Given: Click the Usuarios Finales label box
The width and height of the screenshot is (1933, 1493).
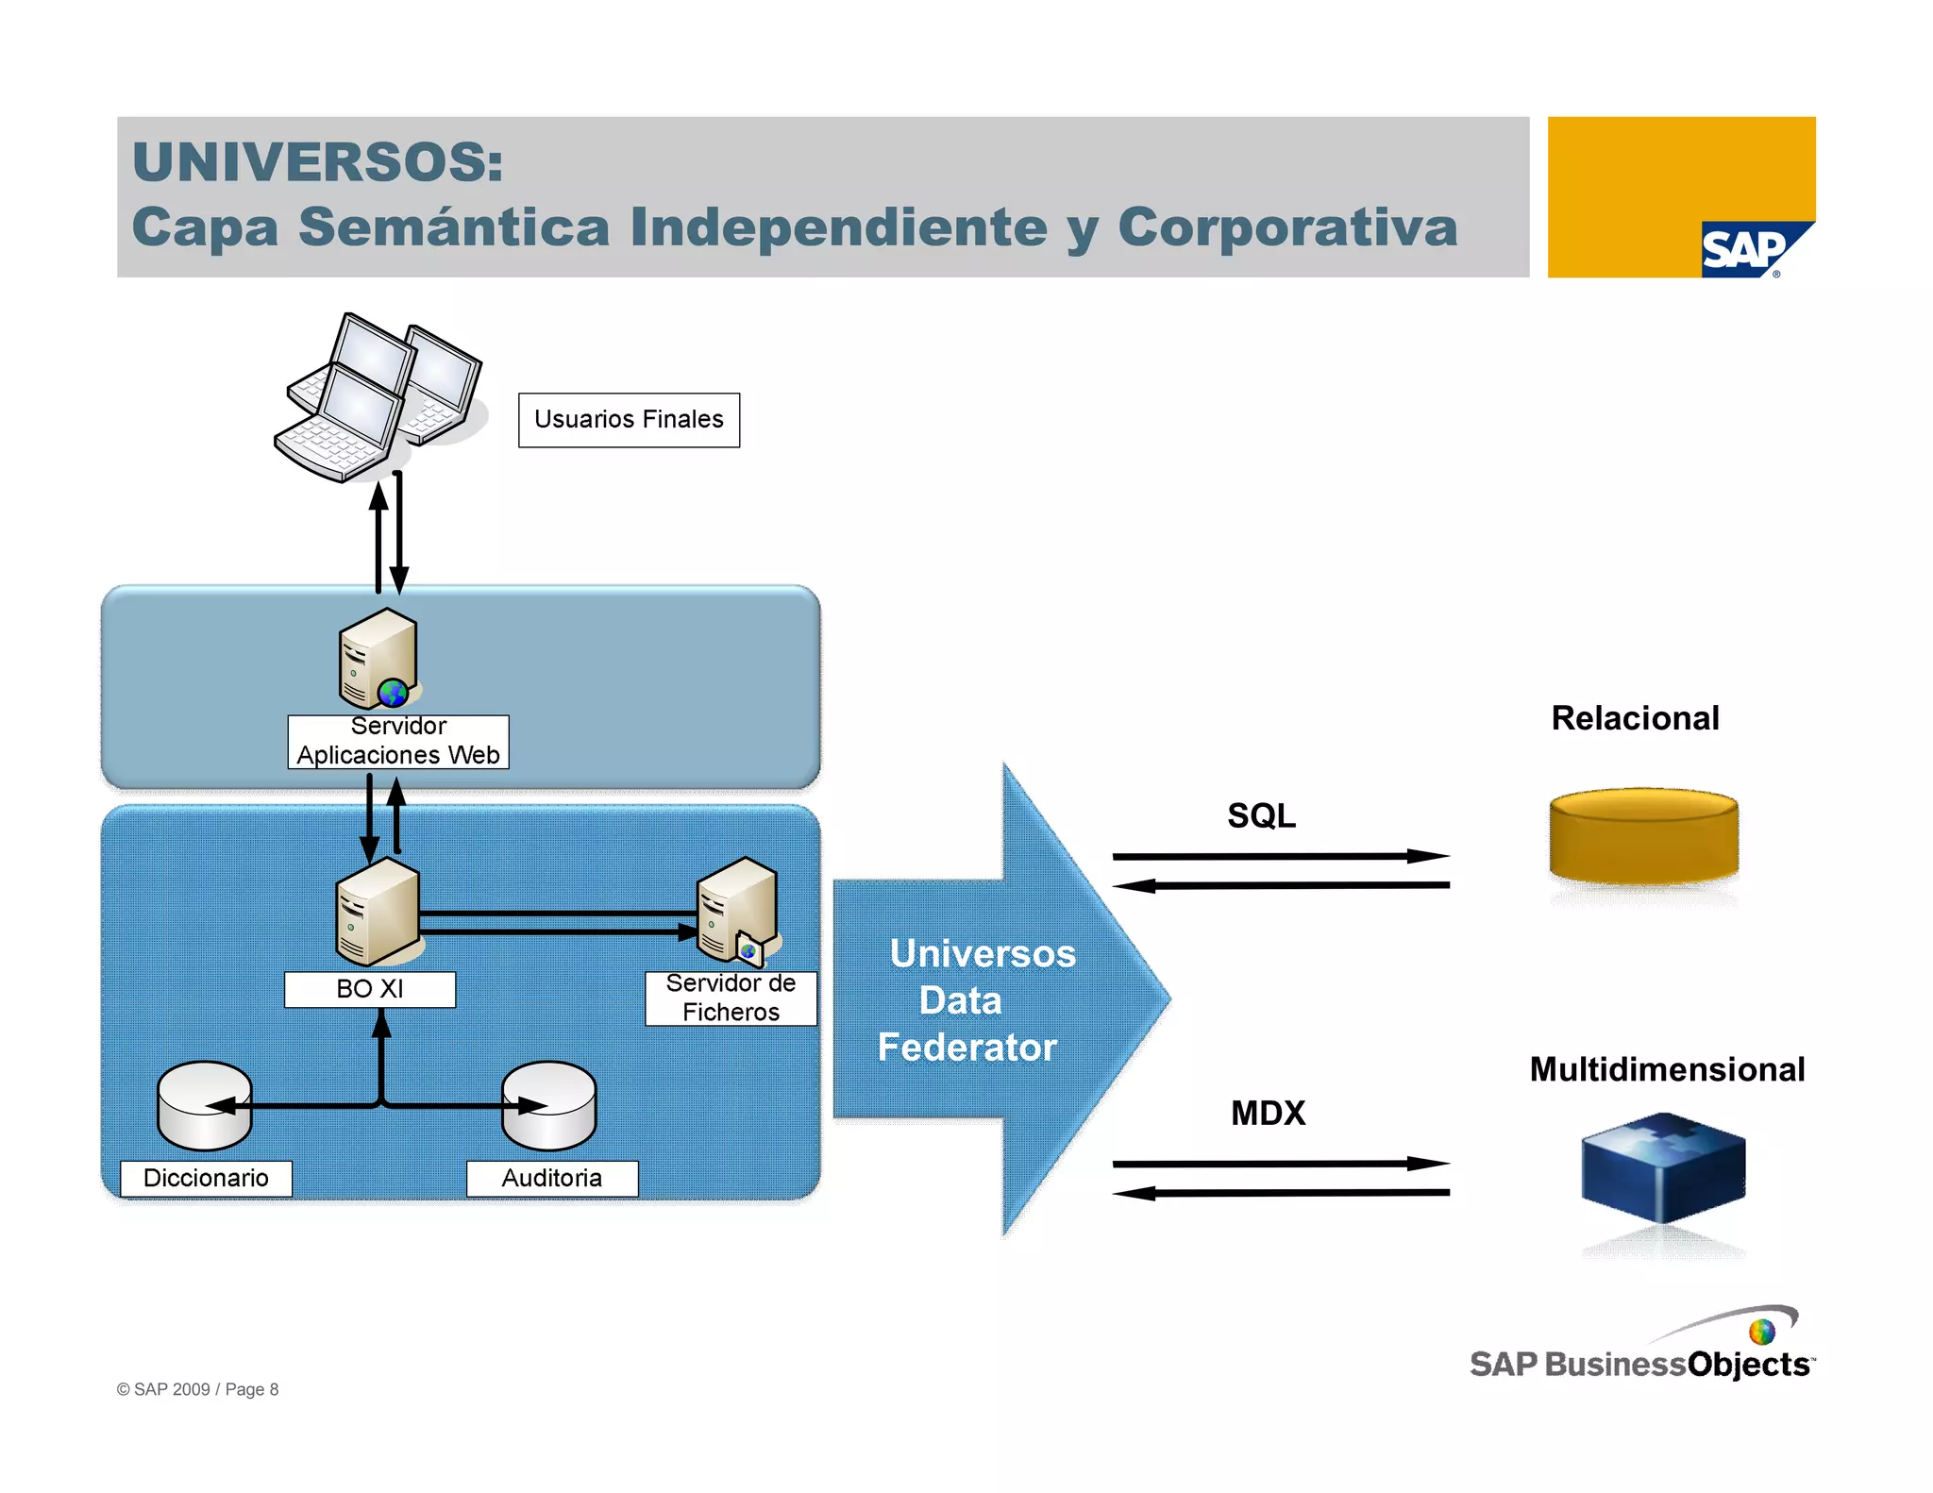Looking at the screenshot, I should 629,420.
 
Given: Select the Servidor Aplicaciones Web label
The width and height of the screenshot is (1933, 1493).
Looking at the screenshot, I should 397,742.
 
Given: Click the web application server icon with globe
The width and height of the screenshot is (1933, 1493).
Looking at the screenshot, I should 378,659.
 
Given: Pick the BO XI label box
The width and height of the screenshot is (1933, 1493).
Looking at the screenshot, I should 369,989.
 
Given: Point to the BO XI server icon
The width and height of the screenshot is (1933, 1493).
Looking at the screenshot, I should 378,911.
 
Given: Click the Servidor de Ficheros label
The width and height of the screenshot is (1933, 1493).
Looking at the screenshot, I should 731,998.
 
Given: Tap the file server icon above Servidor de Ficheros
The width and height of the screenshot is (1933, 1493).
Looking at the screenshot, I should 738,911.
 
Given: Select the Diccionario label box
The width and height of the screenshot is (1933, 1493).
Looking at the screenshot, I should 206,1179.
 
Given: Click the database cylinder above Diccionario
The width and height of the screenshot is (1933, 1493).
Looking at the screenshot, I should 204,1106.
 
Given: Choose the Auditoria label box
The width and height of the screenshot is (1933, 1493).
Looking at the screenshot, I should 551,1179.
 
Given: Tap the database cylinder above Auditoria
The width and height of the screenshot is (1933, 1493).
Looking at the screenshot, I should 548,1106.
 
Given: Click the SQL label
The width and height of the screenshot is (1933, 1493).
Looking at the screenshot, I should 1261,816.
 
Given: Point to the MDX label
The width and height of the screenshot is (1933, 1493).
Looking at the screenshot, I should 1268,1114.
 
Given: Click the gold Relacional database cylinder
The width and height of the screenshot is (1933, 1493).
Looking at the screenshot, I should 1643,836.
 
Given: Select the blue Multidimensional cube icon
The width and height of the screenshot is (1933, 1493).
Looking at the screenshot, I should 1663,1167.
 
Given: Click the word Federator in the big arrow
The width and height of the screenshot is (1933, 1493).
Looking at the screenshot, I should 966,1048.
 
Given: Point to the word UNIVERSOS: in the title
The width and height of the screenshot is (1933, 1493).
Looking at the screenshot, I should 318,162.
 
